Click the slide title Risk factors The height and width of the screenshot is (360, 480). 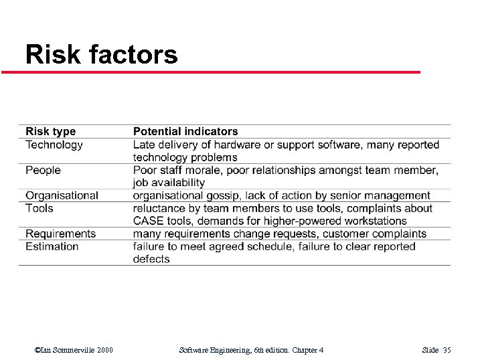click(x=101, y=54)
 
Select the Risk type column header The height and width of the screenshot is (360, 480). click(x=51, y=132)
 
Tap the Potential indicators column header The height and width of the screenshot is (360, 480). click(x=185, y=132)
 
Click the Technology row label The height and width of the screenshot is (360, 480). click(x=54, y=145)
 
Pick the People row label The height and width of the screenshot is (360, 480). click(x=43, y=170)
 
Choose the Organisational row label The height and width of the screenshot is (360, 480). click(x=62, y=195)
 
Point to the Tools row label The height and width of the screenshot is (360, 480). click(x=39, y=208)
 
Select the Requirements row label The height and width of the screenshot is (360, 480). click(x=60, y=234)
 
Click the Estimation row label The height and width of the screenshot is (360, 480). click(x=52, y=246)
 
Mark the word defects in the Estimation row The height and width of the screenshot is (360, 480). click(x=151, y=259)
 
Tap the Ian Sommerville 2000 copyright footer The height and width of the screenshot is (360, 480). click(x=74, y=350)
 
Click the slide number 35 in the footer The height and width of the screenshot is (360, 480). click(x=447, y=350)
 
